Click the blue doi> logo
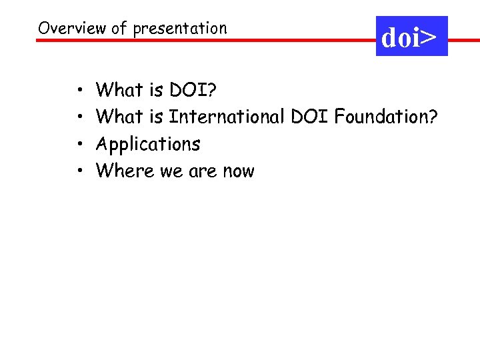411,37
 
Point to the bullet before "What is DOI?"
79,90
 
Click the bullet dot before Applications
79,145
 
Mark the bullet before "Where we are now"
79,172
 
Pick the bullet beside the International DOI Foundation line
79,117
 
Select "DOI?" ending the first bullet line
196,89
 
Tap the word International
227,117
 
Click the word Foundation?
386,117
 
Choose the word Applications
148,145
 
